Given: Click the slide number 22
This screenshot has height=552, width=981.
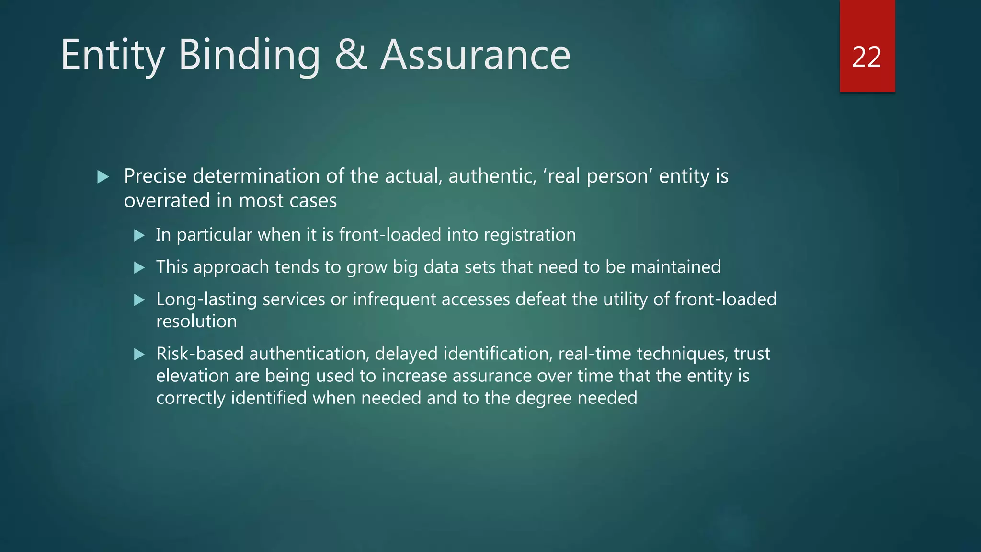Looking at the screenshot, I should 867,57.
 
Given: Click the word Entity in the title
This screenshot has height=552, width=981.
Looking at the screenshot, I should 113,56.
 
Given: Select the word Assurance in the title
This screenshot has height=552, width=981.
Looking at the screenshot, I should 475,56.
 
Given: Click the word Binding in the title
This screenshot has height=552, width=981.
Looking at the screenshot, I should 249,56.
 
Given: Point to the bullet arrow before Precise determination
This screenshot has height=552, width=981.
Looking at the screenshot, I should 103,177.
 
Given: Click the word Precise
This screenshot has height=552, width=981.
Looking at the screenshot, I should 155,176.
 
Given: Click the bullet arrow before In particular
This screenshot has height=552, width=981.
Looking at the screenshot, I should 139,235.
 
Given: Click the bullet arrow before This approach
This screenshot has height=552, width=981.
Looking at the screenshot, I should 139,267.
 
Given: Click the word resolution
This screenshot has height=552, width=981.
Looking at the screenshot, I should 196,322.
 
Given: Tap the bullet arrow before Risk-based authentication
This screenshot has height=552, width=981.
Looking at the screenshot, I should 139,355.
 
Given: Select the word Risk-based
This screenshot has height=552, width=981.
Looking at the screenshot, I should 200,354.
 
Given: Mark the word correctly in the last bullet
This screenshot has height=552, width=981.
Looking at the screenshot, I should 191,398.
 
